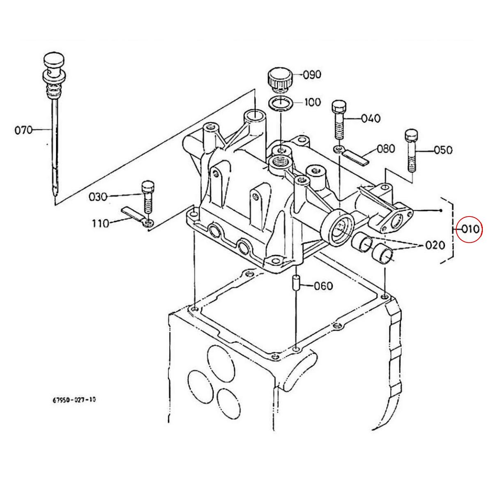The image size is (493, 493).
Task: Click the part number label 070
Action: tap(23, 131)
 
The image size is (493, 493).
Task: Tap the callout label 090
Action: tap(312, 75)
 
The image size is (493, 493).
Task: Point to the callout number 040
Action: tap(371, 118)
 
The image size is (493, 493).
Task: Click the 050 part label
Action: tap(443, 150)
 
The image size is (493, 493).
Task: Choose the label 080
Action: tap(385, 148)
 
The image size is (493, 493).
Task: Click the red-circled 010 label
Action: tap(470, 229)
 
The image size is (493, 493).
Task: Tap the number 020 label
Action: tap(435, 245)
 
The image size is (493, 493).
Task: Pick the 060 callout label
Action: tap(323, 286)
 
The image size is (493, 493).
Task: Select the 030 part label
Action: tap(98, 197)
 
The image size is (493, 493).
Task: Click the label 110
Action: tap(101, 223)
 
